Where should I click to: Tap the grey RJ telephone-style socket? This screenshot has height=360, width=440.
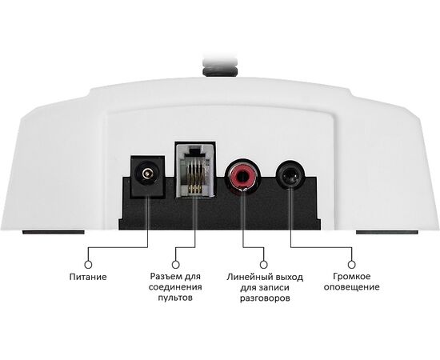tap(195, 169)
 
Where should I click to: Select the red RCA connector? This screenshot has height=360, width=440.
tap(243, 176)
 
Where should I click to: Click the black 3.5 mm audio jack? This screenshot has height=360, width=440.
tap(290, 176)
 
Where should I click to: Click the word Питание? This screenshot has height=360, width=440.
tap(88, 277)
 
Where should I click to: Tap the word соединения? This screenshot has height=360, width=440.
tap(175, 287)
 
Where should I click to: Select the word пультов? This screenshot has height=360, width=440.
tap(175, 298)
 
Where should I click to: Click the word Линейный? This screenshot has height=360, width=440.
tap(246, 277)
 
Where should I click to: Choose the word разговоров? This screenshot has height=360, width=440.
tap(265, 298)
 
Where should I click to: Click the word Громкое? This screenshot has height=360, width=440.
tap(352, 276)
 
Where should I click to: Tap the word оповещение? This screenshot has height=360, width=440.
tap(352, 287)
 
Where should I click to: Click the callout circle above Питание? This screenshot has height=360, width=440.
tap(88, 265)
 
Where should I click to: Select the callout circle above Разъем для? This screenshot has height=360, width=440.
tap(176, 265)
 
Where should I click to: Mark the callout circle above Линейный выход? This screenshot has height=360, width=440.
tap(263, 265)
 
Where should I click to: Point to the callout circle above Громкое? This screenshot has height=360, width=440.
tap(352, 265)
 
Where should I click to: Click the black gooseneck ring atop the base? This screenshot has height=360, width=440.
tap(220, 70)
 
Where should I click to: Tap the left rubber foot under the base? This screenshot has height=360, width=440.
tap(54, 232)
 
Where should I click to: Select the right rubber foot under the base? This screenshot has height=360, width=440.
tap(387, 232)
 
